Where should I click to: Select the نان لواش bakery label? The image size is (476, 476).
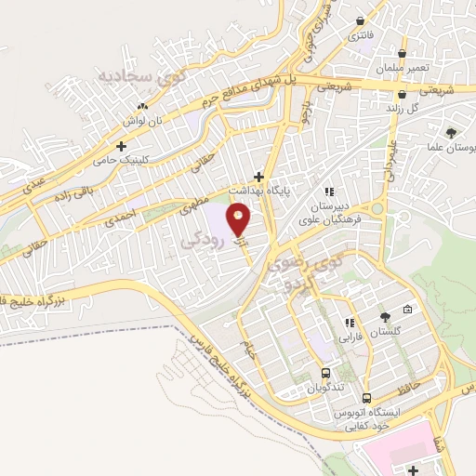144,121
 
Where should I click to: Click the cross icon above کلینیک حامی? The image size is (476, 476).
121,146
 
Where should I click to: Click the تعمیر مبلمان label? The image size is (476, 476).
401,68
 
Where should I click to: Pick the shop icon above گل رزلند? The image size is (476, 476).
402,94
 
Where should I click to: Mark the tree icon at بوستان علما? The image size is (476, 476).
451,133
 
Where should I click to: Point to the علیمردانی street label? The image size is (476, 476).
384,159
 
